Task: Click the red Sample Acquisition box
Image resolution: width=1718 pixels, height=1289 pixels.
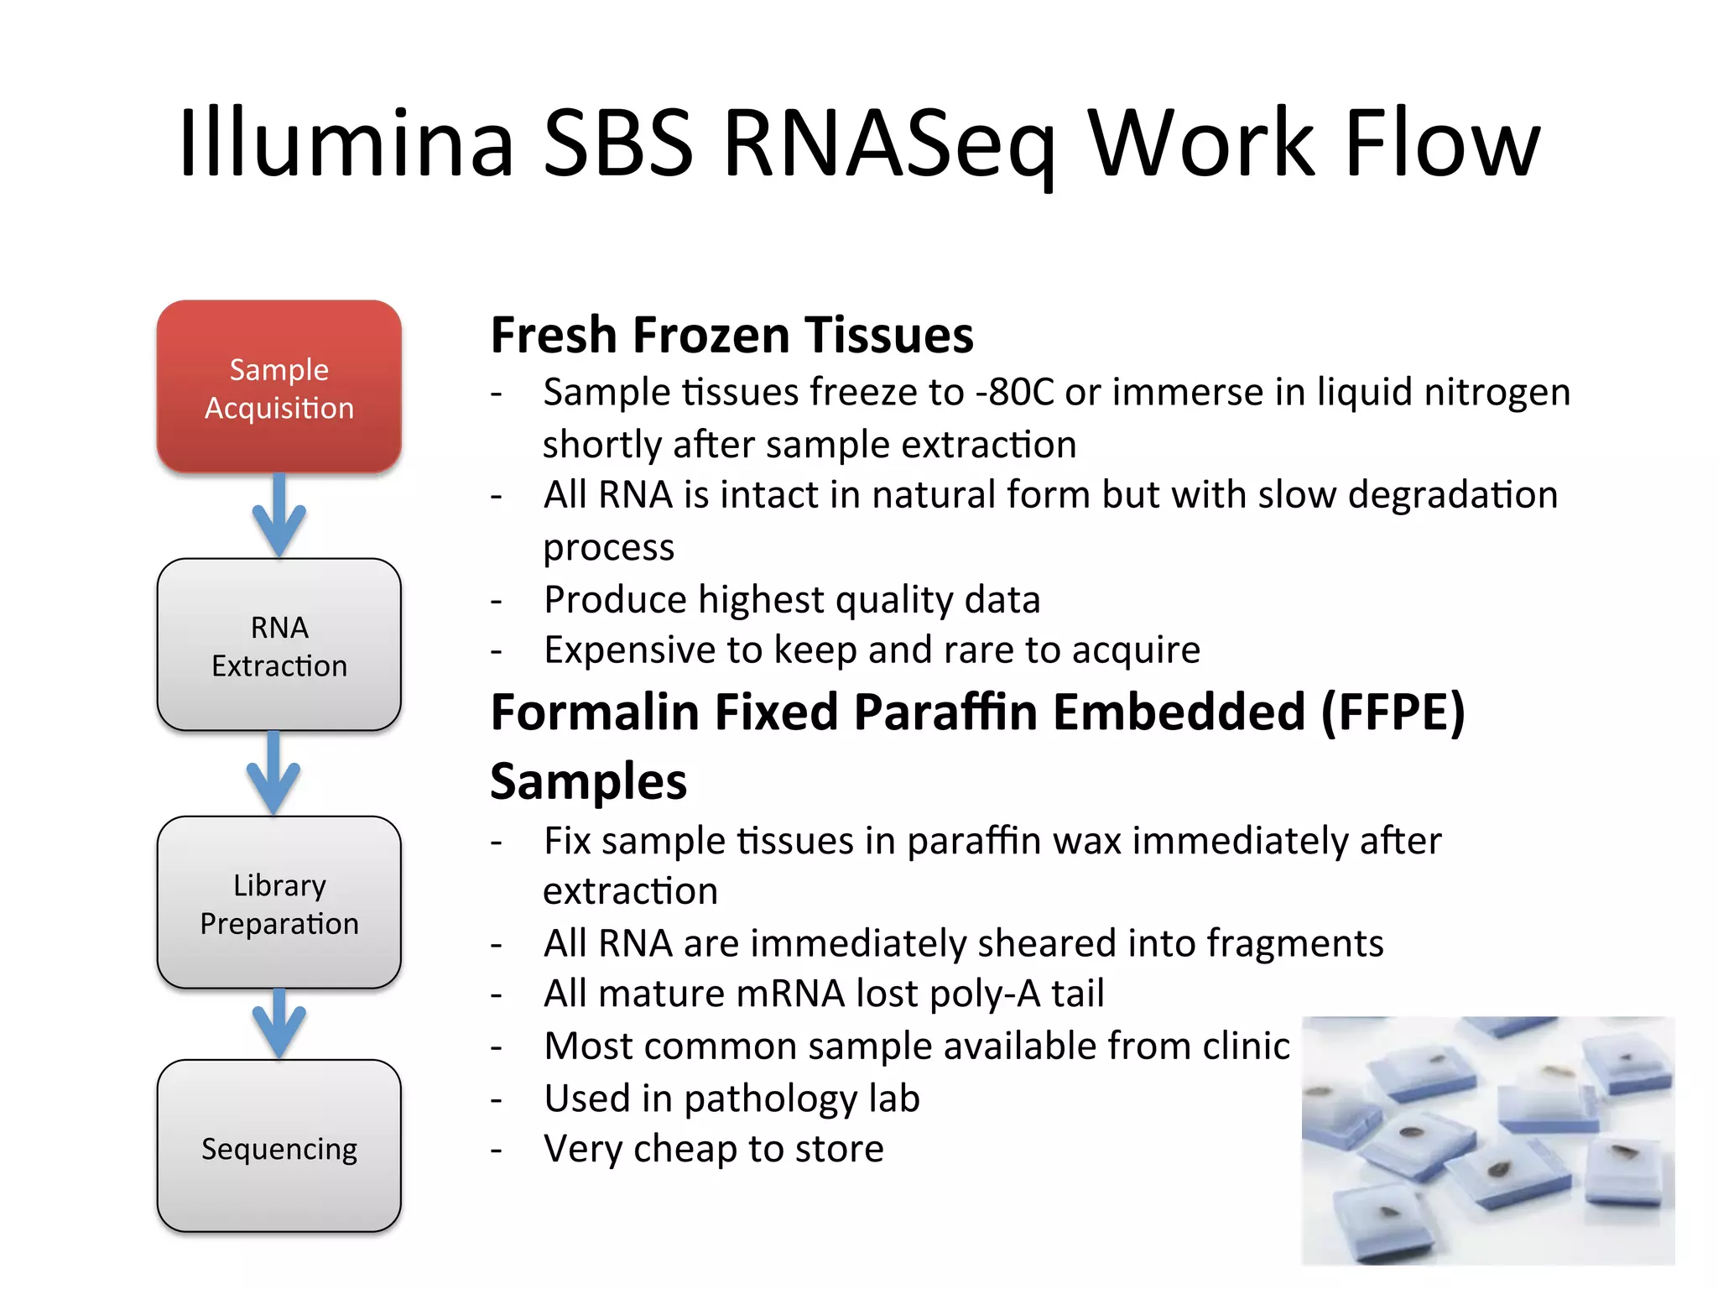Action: tap(279, 388)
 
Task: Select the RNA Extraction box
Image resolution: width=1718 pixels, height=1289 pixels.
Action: tap(279, 645)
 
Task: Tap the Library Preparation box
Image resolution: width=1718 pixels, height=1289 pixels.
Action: tap(279, 903)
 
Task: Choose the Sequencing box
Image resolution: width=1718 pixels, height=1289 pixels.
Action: tap(279, 1147)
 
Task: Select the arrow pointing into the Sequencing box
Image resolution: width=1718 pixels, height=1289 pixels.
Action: tap(279, 1024)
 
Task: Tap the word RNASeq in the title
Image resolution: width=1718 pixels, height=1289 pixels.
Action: tap(888, 144)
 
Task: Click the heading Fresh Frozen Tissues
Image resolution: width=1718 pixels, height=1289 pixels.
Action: tap(731, 335)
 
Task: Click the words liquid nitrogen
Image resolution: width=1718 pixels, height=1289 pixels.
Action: tap(1443, 393)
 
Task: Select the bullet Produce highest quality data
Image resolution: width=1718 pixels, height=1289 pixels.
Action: tap(791, 600)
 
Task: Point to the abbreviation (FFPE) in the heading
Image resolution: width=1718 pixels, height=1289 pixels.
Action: tap(1393, 712)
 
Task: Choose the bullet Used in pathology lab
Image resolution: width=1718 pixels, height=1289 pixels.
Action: tap(731, 1099)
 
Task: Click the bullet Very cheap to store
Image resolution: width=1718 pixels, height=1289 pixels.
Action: tap(713, 1149)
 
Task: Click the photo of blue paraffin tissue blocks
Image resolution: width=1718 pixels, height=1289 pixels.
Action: tap(1487, 1140)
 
